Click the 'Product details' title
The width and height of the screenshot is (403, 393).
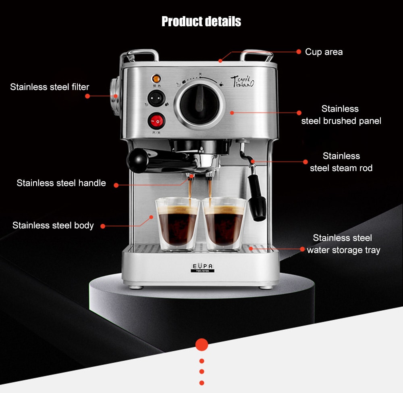click(201, 21)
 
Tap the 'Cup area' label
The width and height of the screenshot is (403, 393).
click(324, 52)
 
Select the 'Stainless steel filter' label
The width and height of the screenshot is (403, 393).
click(50, 87)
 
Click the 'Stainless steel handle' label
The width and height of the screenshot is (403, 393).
click(61, 183)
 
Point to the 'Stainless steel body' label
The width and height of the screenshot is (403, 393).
click(53, 225)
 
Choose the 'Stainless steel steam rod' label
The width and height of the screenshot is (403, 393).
click(341, 162)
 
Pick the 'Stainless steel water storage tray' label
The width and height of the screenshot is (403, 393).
click(343, 244)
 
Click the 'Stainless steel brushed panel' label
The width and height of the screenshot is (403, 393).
click(341, 115)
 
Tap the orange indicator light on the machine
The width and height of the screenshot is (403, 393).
click(155, 78)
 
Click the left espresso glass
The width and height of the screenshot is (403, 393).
click(177, 224)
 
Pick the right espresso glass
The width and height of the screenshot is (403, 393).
click(224, 224)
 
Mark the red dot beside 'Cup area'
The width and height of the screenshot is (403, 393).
click(299, 52)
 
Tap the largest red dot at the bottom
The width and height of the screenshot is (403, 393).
click(201, 344)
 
